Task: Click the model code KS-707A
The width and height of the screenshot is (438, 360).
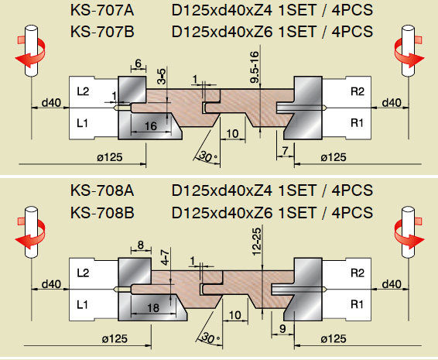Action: click(102, 11)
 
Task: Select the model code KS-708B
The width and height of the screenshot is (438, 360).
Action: click(102, 213)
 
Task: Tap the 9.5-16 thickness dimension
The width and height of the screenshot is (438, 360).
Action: click(255, 67)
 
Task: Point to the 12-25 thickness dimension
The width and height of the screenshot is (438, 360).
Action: click(256, 242)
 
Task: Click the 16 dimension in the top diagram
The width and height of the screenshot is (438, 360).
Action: click(151, 126)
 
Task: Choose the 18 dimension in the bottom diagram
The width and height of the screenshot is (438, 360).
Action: click(153, 308)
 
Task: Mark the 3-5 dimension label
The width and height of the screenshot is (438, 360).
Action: click(162, 76)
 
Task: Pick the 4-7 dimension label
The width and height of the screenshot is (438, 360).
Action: click(166, 257)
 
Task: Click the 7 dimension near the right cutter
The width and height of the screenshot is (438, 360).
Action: click(285, 151)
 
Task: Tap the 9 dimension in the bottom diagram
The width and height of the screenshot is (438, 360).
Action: click(282, 329)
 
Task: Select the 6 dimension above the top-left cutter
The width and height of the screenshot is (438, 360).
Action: click(139, 63)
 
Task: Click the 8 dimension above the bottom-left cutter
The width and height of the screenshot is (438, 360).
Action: click(141, 245)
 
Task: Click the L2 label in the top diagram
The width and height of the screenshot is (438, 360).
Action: click(83, 91)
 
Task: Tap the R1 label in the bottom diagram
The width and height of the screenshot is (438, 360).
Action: click(357, 303)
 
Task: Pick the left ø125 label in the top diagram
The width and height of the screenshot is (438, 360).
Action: click(110, 157)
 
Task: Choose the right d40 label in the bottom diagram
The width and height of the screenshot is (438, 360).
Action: click(392, 284)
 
